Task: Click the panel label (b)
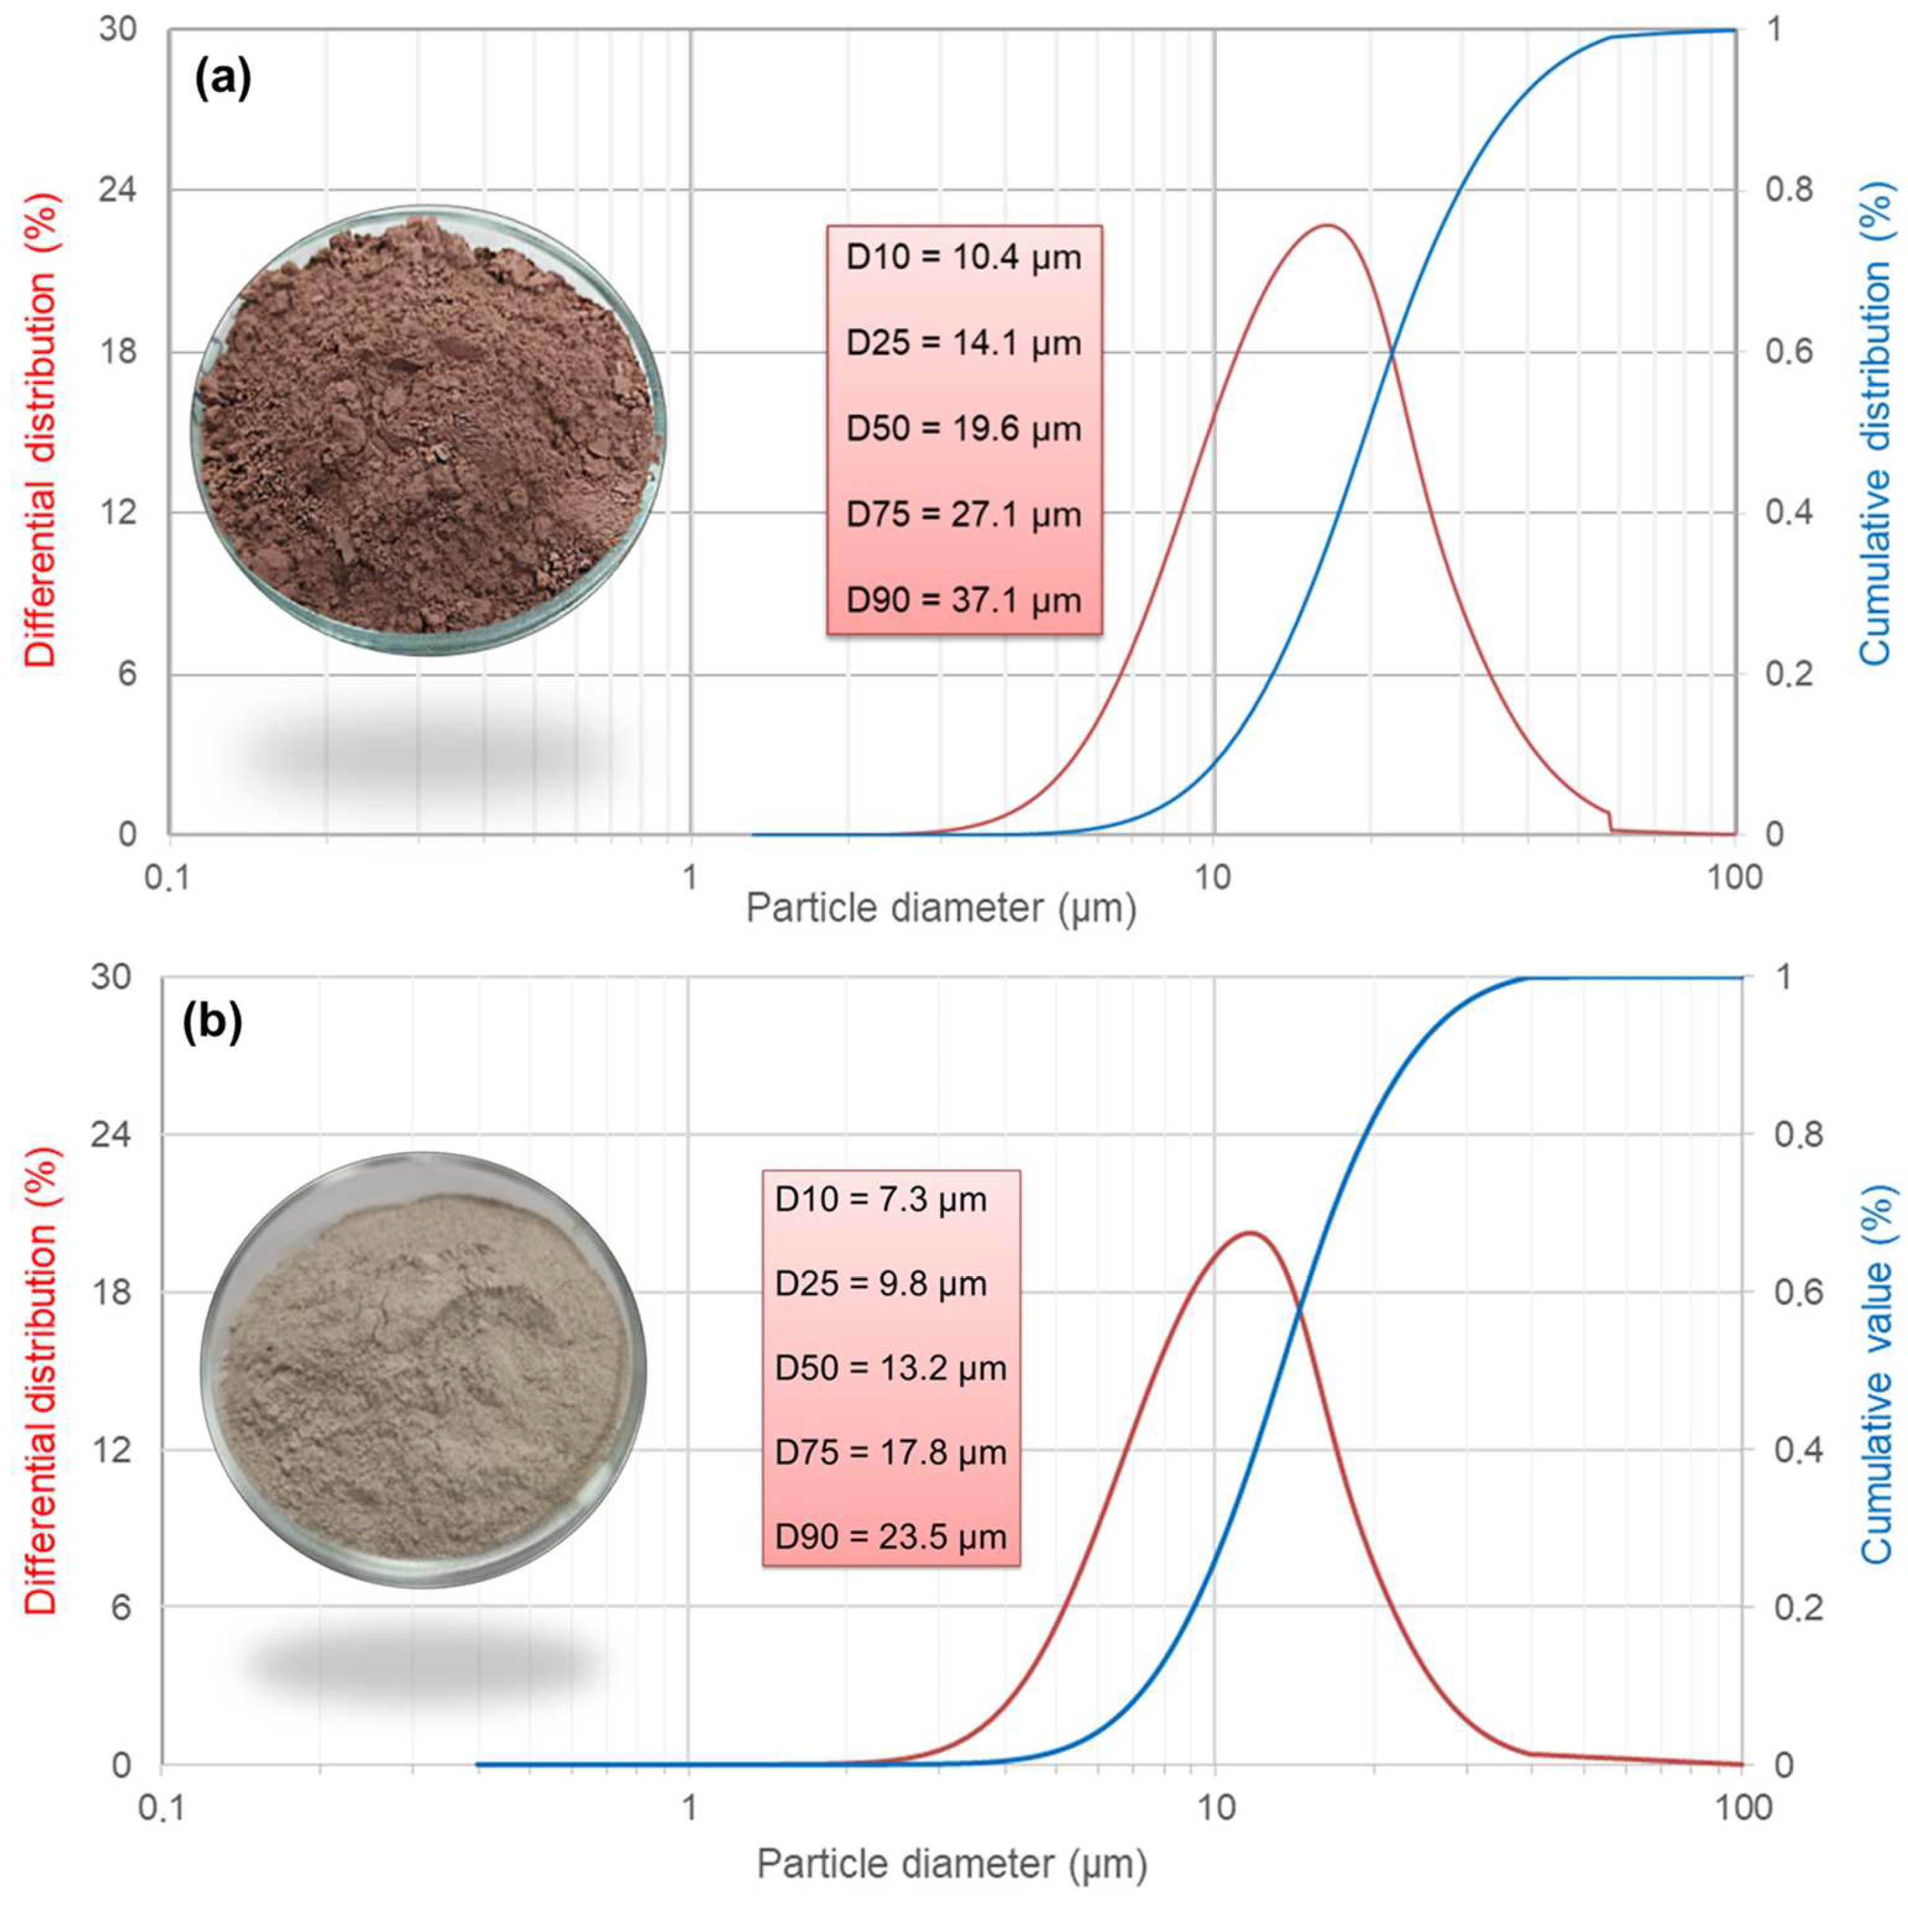212,1025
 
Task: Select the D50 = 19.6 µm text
964,429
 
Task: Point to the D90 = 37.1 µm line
964,600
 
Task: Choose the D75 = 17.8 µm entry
891,1453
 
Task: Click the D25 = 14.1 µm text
964,343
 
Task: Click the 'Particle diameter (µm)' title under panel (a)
940,907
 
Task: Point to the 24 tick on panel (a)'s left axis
118,189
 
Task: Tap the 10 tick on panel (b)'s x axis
1216,1807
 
